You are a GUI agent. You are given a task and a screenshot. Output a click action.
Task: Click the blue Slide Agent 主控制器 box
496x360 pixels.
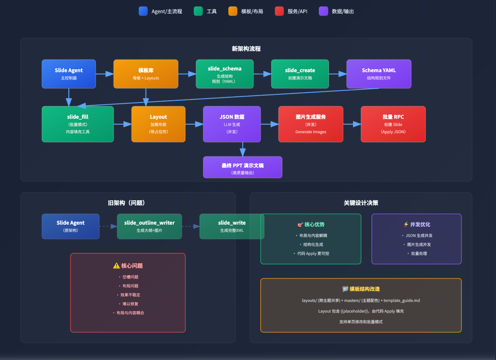[69, 74]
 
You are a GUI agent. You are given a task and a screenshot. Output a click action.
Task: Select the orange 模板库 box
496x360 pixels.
[146, 74]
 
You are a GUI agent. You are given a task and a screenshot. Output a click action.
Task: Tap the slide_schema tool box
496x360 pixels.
[225, 74]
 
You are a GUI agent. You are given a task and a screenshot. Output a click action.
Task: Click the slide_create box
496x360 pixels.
[300, 74]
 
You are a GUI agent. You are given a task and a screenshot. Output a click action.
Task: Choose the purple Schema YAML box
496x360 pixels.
[379, 74]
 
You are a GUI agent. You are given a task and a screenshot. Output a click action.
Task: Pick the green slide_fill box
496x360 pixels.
[78, 124]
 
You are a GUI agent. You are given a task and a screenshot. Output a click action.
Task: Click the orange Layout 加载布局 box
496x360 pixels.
[158, 124]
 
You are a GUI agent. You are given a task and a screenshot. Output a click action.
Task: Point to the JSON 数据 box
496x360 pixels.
[232, 124]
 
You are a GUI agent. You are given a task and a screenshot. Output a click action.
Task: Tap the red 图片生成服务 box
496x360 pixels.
[311, 124]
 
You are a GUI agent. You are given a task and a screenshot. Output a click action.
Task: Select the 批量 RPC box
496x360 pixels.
[393, 124]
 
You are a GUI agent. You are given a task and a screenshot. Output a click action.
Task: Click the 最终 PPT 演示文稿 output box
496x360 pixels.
[242, 167]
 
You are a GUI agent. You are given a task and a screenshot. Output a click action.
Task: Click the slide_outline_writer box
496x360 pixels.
[149, 226]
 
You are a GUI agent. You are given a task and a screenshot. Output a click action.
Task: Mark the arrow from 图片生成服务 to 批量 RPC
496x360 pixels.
[352, 124]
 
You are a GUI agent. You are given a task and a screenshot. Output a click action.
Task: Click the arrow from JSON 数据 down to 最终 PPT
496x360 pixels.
[242, 149]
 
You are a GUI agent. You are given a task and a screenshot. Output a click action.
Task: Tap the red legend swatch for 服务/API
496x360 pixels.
[279, 11]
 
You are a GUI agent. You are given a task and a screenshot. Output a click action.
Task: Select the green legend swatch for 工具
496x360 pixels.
[198, 11]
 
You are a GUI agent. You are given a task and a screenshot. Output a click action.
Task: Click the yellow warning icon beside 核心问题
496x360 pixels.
[117, 266]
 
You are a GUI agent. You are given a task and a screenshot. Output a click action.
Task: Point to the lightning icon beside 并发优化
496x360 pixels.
[406, 224]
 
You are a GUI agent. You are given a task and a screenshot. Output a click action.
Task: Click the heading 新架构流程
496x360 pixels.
[246, 49]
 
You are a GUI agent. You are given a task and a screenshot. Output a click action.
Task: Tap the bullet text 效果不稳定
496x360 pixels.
[130, 295]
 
